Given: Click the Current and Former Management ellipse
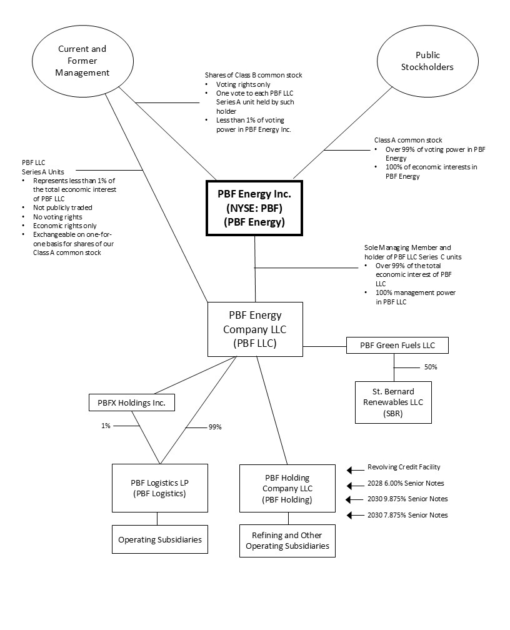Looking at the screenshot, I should pyautogui.click(x=82, y=61).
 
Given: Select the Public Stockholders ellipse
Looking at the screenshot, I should pyautogui.click(x=428, y=61).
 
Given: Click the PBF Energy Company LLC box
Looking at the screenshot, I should pyautogui.click(x=255, y=329).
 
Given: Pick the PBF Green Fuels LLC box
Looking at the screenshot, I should pyautogui.click(x=397, y=345).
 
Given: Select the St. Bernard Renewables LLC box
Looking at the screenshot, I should pyautogui.click(x=393, y=402).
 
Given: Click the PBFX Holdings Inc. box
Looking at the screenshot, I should pyautogui.click(x=131, y=403).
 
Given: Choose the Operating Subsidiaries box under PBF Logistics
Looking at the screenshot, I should pyautogui.click(x=160, y=539).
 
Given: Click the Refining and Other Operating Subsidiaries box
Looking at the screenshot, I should pyautogui.click(x=287, y=541).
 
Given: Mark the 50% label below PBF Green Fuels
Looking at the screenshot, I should pyautogui.click(x=430, y=367).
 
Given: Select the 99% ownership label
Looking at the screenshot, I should pyautogui.click(x=214, y=427).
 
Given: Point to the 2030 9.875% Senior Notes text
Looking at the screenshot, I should pyautogui.click(x=407, y=499).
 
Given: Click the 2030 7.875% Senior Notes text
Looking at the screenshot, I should pyautogui.click(x=407, y=515).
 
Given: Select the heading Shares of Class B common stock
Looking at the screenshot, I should pyautogui.click(x=253, y=75).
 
